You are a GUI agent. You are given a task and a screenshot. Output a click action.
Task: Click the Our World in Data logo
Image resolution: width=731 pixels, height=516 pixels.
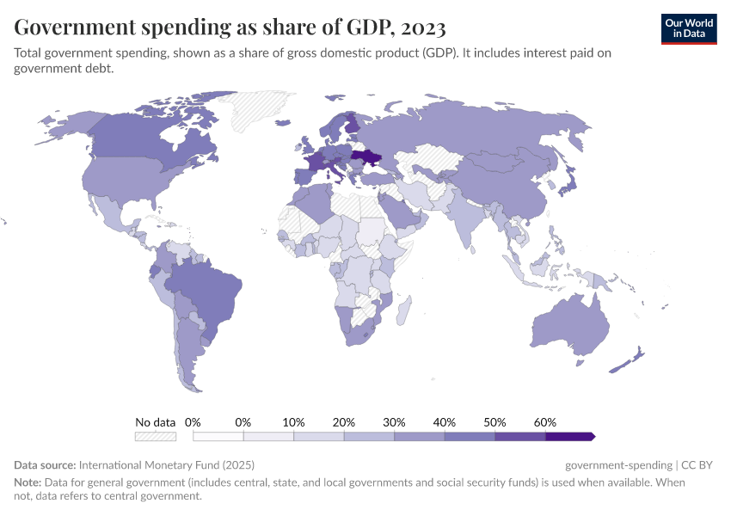(688, 28)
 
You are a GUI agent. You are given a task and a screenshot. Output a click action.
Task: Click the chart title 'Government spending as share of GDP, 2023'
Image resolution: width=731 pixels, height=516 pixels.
(230, 28)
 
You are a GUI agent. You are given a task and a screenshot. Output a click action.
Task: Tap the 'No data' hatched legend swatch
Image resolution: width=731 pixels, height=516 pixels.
(156, 436)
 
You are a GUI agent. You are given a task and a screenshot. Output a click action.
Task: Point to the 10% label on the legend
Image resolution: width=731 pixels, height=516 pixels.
(294, 422)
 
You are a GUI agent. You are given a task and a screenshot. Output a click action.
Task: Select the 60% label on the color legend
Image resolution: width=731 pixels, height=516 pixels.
(545, 422)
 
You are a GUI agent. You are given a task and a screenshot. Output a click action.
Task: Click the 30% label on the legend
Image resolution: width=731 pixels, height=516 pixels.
(395, 422)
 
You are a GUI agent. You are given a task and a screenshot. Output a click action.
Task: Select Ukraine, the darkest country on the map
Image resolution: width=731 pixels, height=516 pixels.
(365, 158)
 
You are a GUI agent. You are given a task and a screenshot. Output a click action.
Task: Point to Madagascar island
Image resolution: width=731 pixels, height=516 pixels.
(402, 308)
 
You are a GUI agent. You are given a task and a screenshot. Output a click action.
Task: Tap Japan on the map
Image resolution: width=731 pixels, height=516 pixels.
(568, 181)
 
